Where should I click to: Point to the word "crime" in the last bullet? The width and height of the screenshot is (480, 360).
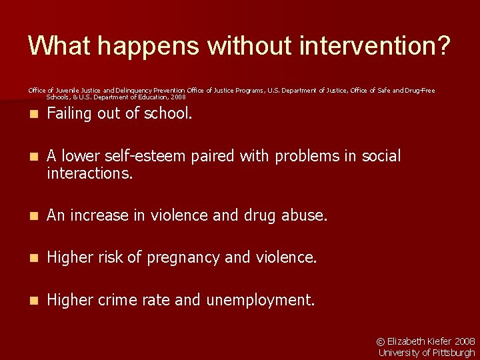pos(121,300)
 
